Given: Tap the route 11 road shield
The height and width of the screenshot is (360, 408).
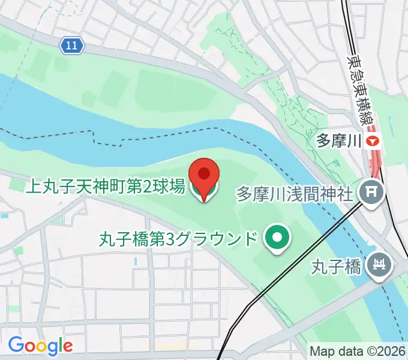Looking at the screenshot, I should coord(72,45).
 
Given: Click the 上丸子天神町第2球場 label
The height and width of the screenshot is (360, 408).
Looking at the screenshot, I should coord(105,187).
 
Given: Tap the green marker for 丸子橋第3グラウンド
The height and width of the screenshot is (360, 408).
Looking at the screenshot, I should coord(277,239).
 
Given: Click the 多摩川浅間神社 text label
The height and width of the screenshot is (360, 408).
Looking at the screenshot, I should coord(295,194).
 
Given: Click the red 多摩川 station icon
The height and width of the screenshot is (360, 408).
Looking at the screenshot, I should coord(374,142).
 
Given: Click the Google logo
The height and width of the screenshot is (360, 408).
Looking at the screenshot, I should coord(40,346).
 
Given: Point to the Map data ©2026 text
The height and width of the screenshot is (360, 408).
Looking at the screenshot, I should coord(358,350).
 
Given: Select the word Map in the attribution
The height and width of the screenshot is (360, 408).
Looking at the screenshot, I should coord(321,350).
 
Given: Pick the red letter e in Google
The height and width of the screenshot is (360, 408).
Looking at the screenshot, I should coord(68,346).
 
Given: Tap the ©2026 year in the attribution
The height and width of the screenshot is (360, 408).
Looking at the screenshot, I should coord(384,350).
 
